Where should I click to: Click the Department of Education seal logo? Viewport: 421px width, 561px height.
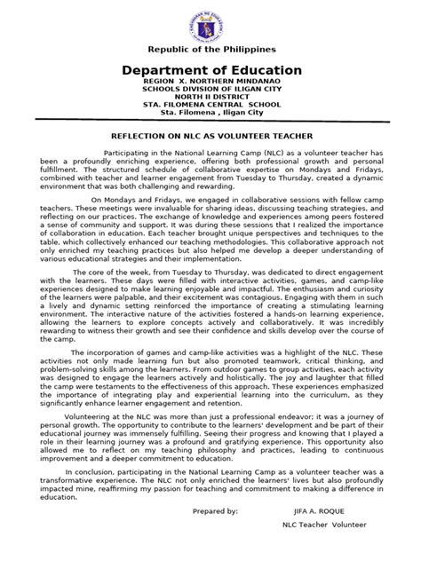210,20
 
